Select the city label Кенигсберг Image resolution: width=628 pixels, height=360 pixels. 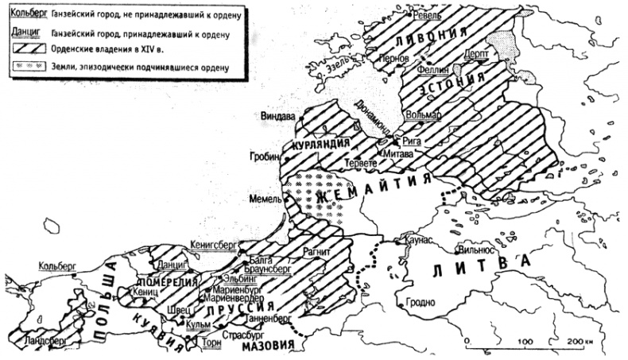pos(215,246)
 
